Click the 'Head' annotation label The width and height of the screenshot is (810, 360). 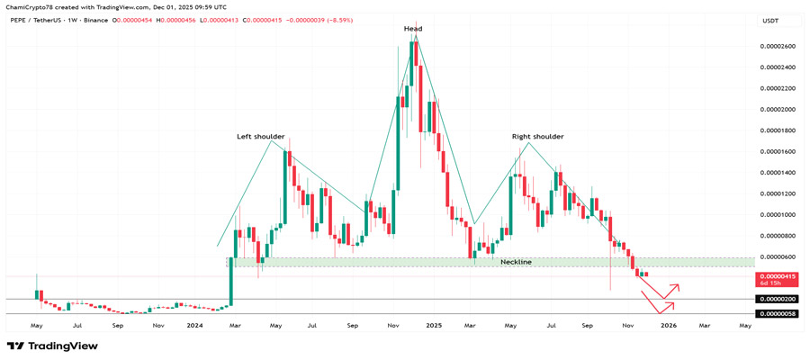(413, 29)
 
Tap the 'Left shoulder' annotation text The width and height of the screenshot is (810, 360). (260, 137)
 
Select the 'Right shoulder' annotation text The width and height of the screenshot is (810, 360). (537, 137)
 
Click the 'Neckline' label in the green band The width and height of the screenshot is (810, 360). (516, 262)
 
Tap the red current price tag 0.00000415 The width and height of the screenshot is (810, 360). (778, 276)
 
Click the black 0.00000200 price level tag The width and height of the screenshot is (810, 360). (778, 299)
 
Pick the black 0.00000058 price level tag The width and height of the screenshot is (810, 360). (778, 313)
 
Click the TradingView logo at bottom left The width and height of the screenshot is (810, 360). (52, 346)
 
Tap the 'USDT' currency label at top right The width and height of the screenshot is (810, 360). (770, 20)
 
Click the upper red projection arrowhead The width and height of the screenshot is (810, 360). (677, 287)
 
